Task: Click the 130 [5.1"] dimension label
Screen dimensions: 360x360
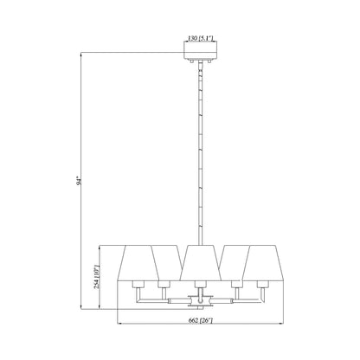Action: (200, 38)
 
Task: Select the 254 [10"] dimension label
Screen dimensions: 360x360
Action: (97, 277)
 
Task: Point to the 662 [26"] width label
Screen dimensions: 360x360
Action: (200, 320)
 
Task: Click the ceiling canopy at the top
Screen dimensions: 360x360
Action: (200, 50)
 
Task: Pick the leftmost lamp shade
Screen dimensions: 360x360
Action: (138, 263)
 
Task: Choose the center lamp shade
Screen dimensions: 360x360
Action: (200, 263)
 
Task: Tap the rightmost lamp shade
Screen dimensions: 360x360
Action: (263, 263)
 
